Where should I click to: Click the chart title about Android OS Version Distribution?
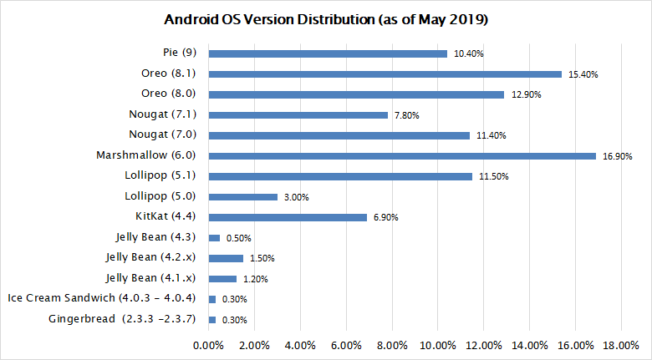click(x=325, y=19)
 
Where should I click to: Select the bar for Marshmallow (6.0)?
click(x=402, y=155)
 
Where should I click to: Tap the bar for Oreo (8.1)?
click(x=385, y=74)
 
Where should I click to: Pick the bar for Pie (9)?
click(x=328, y=53)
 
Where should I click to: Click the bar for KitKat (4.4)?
click(x=288, y=217)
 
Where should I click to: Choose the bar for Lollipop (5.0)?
click(x=242, y=197)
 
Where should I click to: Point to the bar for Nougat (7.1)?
click(x=298, y=114)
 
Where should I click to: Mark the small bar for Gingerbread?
click(x=212, y=320)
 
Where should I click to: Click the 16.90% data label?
click(x=618, y=156)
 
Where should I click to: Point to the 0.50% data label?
click(x=238, y=238)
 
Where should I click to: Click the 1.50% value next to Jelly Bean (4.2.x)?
click(x=262, y=259)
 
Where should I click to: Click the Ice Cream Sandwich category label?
click(x=104, y=298)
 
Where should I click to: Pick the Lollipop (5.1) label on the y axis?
click(x=159, y=175)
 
